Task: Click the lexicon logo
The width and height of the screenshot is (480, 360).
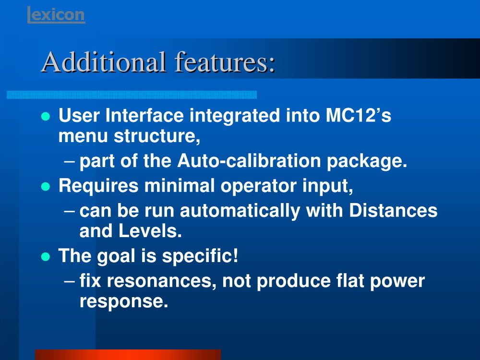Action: (x=56, y=15)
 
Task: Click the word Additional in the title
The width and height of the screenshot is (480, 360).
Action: (x=104, y=62)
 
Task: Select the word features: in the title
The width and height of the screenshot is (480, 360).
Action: (x=225, y=62)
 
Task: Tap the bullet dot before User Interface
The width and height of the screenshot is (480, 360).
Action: (x=46, y=116)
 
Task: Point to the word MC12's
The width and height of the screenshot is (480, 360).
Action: (x=358, y=115)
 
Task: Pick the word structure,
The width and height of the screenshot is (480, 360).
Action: (x=157, y=136)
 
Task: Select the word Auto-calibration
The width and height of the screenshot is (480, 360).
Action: (x=249, y=160)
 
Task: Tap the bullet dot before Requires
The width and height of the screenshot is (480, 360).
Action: (x=46, y=186)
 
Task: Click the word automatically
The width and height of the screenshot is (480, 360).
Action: (x=240, y=211)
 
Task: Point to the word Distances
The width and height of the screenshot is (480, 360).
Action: (x=394, y=210)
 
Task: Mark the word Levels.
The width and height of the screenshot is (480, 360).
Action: (x=150, y=231)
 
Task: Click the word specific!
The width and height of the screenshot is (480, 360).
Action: (x=200, y=256)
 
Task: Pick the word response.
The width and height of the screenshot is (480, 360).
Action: (x=124, y=302)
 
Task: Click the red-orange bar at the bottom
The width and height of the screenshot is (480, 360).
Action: (x=128, y=355)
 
